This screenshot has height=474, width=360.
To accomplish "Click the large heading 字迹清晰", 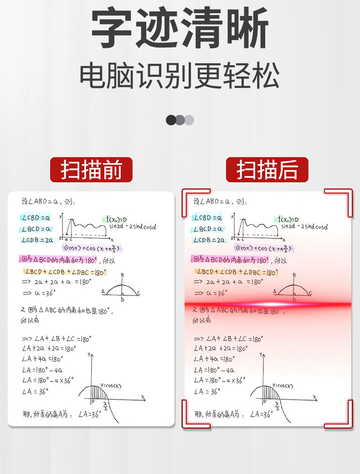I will (x=180, y=28).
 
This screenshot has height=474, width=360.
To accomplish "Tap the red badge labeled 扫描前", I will (x=91, y=170).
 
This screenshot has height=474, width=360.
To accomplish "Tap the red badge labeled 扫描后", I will (x=267, y=170).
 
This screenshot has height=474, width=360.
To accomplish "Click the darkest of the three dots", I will (x=171, y=120).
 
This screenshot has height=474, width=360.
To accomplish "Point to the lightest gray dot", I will (x=189, y=120).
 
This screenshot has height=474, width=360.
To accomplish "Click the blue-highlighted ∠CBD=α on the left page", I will (x=36, y=218).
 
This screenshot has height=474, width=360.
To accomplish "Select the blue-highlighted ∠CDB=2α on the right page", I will (x=209, y=240).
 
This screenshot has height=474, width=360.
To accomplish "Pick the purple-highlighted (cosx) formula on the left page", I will (x=93, y=248).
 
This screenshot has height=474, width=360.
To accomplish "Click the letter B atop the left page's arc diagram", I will (x=123, y=275).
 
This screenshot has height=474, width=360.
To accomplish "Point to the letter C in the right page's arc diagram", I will (x=310, y=293).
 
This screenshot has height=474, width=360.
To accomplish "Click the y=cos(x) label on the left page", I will (x=111, y=386).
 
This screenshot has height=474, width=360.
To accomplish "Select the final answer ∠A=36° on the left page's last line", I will (x=89, y=414).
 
